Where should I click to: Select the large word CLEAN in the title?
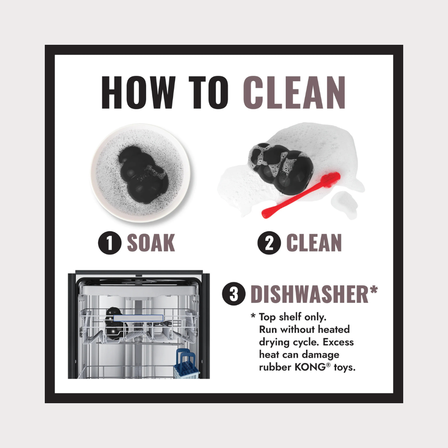point(294,93)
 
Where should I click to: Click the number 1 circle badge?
point(110,243)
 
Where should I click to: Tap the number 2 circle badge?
point(269,243)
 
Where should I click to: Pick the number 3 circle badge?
point(234,294)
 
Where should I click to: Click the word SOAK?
point(151,243)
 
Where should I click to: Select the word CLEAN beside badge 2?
point(314,243)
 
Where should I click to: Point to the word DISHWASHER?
point(309,294)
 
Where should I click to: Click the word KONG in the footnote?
point(310,367)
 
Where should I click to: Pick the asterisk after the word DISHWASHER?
point(374,290)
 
